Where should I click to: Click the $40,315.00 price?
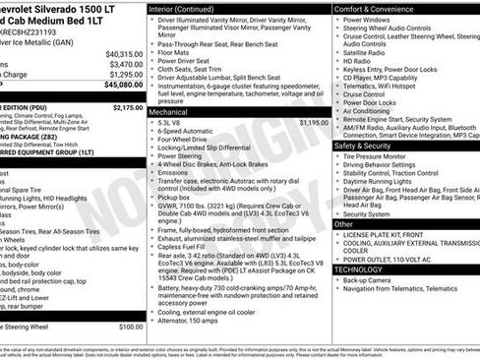tap(124, 53)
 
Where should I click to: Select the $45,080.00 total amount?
tap(124, 85)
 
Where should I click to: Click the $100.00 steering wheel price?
tap(131, 327)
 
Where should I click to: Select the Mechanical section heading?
tap(174, 113)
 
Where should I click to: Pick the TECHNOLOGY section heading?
tap(358, 269)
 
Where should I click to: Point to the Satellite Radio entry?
tap(371, 52)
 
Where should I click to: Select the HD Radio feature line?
tap(358, 61)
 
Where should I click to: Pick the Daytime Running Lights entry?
tap(385, 181)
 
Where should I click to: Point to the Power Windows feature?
tap(367, 19)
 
